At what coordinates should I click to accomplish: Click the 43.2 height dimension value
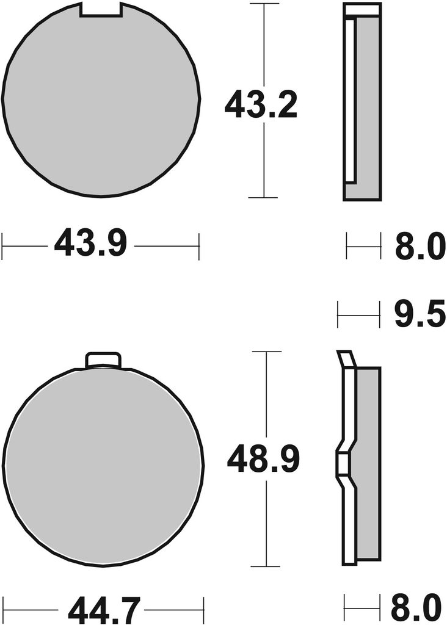point(261,104)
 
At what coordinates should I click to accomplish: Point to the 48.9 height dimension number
point(263,459)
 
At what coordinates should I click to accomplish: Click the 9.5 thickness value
point(420,314)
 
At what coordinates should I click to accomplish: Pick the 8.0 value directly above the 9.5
point(420,246)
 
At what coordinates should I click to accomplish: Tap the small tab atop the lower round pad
point(103,359)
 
